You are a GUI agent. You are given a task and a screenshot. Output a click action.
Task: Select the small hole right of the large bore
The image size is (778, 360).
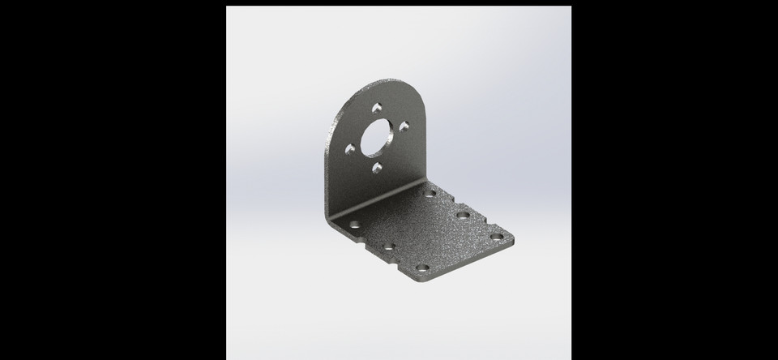point(404,126)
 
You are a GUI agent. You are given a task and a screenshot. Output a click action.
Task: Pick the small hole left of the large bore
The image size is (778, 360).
point(350,150)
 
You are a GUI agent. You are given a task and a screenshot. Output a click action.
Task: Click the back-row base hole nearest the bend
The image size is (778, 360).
point(430,193)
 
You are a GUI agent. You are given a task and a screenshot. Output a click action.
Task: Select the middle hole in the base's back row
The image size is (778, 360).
point(463,215)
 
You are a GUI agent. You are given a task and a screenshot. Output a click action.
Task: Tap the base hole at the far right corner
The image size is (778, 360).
point(497,237)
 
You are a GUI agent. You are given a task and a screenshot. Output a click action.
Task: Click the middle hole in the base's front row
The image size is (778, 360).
point(388,246)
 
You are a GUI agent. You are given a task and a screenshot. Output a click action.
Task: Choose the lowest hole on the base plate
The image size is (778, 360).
point(421,268)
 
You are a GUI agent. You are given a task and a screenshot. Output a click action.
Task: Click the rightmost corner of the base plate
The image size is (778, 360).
point(513,238)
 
